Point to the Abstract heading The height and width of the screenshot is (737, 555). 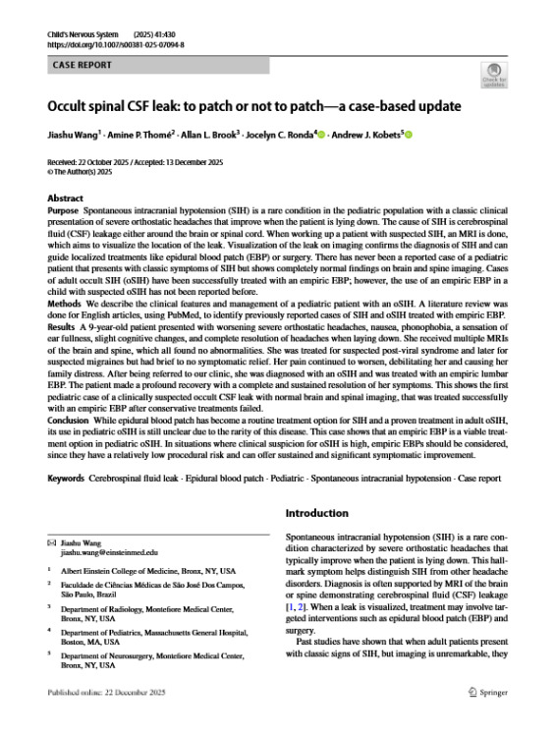pyautogui.click(x=66, y=198)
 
